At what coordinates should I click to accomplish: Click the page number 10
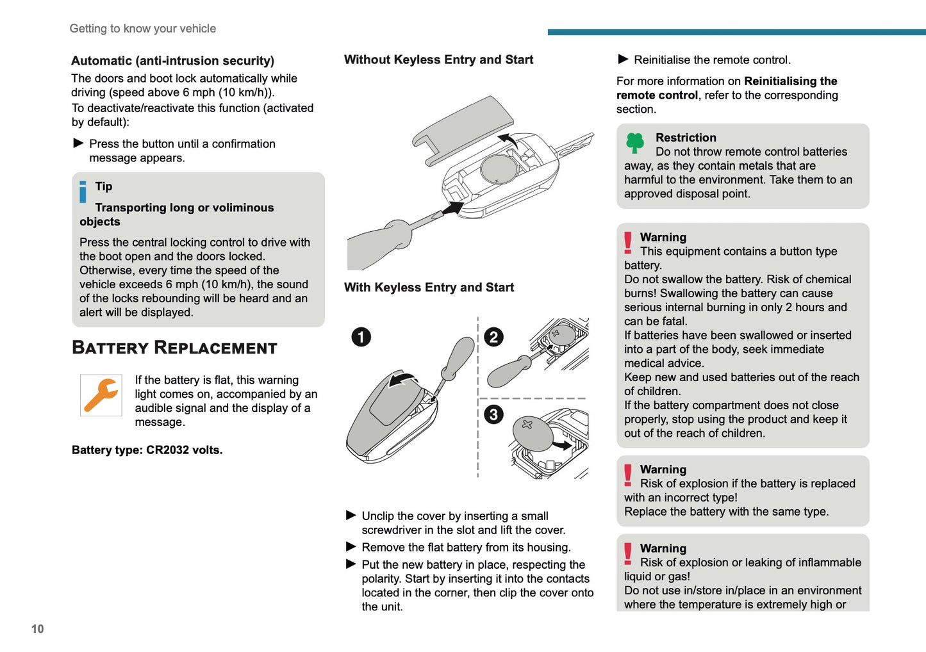38,629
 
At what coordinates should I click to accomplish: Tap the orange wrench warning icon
101,395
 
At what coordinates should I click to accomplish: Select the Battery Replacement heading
174,348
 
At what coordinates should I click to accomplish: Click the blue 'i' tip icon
83,192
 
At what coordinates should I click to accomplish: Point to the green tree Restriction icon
634,143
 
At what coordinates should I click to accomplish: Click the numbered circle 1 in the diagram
361,337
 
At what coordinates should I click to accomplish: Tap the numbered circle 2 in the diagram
493,337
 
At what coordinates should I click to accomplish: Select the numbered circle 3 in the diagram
493,414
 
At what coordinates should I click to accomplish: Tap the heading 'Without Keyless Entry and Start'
438,60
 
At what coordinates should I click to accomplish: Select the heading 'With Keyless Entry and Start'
429,288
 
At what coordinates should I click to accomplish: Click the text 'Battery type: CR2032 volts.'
147,450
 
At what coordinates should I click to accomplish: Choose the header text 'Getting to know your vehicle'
143,29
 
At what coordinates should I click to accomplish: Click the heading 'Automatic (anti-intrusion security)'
172,61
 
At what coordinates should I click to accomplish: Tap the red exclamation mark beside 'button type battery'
628,243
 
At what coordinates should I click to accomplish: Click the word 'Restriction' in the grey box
686,138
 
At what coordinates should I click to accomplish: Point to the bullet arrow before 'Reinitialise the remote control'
623,60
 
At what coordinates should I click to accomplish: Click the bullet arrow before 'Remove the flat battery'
351,547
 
